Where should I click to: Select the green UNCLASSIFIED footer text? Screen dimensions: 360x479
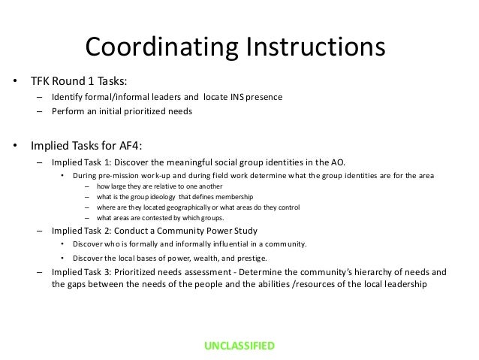239,346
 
